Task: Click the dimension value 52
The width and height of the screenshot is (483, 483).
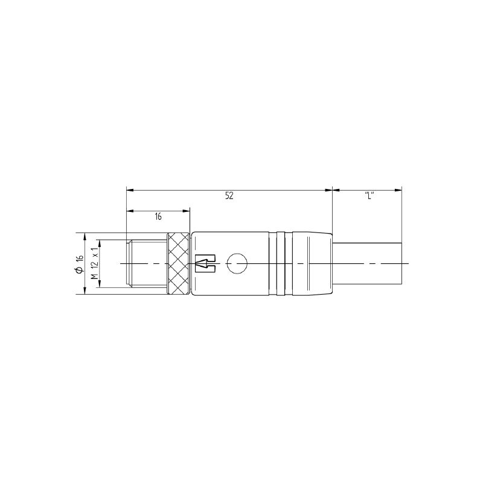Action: coord(229,196)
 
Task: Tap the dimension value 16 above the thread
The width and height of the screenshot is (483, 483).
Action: coord(158,217)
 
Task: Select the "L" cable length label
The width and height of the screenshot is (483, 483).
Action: coord(369,196)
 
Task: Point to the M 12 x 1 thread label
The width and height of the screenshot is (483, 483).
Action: coord(95,264)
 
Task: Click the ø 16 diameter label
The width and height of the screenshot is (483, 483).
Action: coord(80,264)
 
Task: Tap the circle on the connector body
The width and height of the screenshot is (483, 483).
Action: coord(237,264)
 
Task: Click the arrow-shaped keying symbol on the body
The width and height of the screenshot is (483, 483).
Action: coord(205,264)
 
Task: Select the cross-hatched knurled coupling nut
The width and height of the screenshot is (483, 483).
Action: coord(178,264)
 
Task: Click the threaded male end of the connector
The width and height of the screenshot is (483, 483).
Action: coord(147,264)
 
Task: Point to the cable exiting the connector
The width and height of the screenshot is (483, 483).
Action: coord(368,264)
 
